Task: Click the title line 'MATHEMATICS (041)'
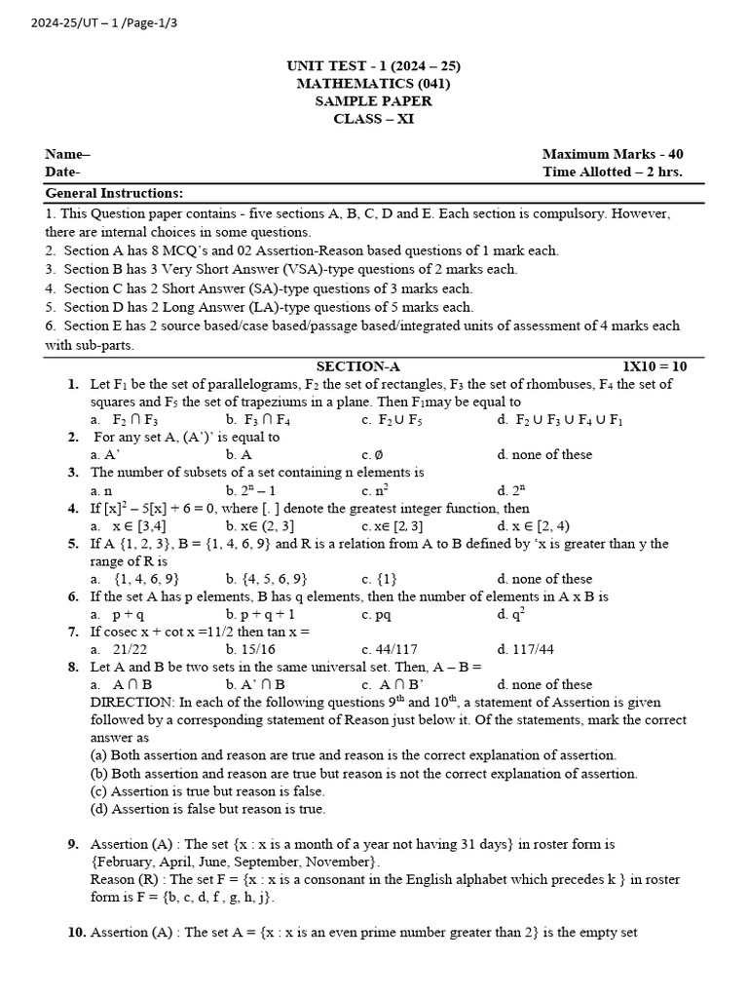373,84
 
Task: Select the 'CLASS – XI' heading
373,119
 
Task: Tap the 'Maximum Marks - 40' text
612,154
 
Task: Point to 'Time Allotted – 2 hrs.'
612,172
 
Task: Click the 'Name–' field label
67,154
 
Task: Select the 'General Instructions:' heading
114,193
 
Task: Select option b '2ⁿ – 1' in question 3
256,490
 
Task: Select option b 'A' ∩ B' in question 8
257,684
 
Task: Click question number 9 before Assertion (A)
73,844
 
